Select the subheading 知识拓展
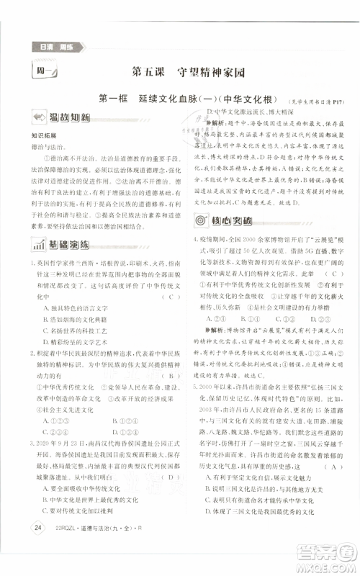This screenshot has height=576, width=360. tap(43, 134)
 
